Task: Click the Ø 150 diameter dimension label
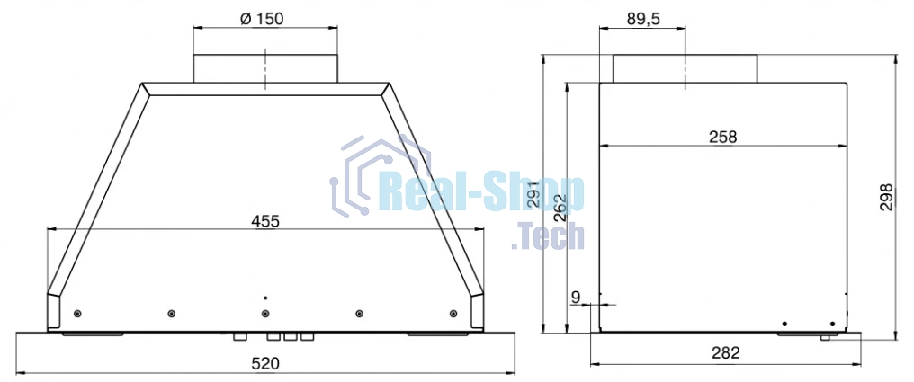click(262, 19)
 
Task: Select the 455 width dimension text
click(265, 221)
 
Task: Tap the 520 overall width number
click(265, 364)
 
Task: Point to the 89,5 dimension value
click(643, 19)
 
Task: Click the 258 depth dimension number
click(722, 138)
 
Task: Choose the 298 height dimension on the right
click(887, 197)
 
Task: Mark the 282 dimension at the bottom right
click(726, 353)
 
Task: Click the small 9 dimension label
click(576, 298)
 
